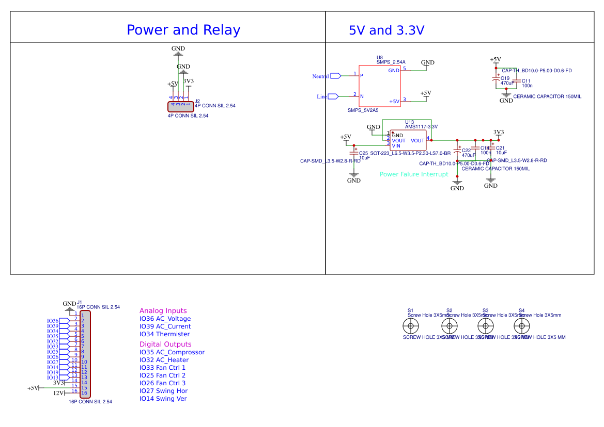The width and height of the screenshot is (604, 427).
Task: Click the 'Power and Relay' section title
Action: (183, 30)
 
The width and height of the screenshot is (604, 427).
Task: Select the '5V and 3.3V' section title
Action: (386, 30)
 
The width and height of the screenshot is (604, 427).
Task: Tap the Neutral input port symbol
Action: (335, 76)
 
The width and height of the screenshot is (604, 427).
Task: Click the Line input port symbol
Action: (333, 96)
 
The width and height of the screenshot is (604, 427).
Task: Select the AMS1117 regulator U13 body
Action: (408, 140)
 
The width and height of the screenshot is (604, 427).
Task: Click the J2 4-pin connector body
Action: (180, 106)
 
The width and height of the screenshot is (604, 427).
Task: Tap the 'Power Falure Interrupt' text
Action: (414, 174)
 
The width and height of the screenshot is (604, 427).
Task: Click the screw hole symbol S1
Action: (411, 325)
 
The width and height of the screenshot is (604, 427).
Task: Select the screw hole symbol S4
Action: (521, 325)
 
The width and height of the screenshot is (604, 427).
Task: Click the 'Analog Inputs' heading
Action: (163, 311)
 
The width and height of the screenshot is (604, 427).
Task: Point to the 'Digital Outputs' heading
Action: (165, 344)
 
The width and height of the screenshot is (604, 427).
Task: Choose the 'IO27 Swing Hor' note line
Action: (163, 391)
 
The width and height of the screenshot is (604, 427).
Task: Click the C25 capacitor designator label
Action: (363, 153)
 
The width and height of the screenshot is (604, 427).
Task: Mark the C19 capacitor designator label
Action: (505, 78)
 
